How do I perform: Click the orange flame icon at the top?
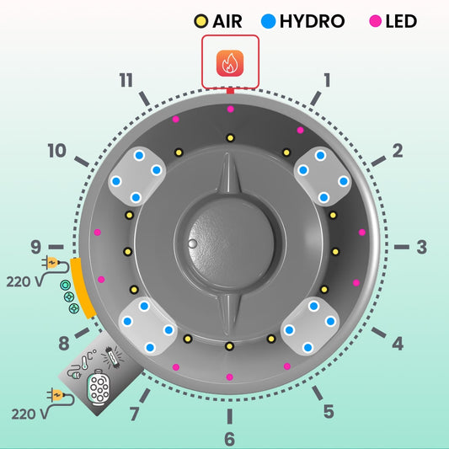click(x=230, y=63)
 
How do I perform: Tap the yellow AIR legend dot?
click(x=201, y=21)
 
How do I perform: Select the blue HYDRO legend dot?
click(x=269, y=21)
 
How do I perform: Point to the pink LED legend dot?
click(x=376, y=21)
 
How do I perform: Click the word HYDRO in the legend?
click(x=313, y=21)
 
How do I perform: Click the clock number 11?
click(x=126, y=80)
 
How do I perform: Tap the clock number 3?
click(x=422, y=247)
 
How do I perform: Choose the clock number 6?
click(x=229, y=439)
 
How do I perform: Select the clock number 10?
click(x=57, y=151)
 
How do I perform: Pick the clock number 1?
click(x=327, y=80)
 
